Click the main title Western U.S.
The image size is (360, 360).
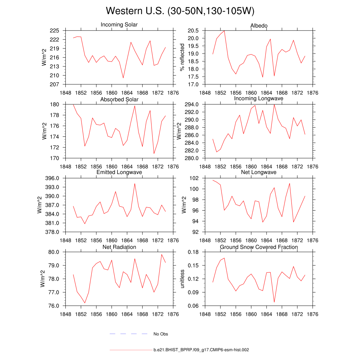pos(180,11)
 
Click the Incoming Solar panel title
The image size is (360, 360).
pos(119,25)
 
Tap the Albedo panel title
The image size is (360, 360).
pos(259,26)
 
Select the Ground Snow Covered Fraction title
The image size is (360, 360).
pos(259,247)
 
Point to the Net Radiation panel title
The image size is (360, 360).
pos(119,247)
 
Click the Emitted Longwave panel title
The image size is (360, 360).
pos(119,172)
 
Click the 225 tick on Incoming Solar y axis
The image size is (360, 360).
pos(54,31)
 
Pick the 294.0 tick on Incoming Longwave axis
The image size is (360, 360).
pos(192,104)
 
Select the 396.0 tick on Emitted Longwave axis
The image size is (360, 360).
pos(52,178)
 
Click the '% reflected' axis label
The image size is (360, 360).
pos(182,57)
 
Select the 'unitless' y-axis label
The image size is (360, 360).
pos(182,279)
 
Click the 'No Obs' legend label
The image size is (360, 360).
pos(161,334)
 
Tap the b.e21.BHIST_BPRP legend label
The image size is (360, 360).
pos(201,350)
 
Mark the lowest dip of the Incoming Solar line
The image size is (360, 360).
pos(123,78)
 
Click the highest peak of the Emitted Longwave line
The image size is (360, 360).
pos(135,184)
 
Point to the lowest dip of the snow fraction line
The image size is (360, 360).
pos(274,302)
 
